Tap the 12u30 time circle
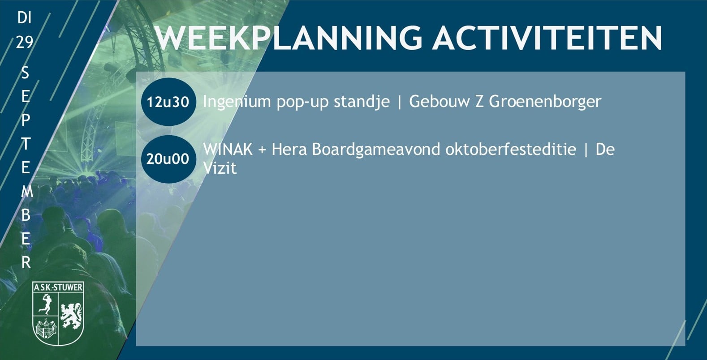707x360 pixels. click(x=168, y=102)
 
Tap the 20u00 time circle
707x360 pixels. click(x=168, y=159)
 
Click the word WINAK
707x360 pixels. click(x=228, y=149)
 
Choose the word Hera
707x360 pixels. click(x=289, y=149)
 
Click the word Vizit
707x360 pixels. click(x=220, y=168)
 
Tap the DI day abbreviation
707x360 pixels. click(x=24, y=17)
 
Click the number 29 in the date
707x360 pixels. click(x=24, y=42)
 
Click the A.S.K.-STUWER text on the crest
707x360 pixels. click(x=58, y=287)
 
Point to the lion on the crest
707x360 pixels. click(x=71, y=316)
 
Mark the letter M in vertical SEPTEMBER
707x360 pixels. click(x=27, y=192)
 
